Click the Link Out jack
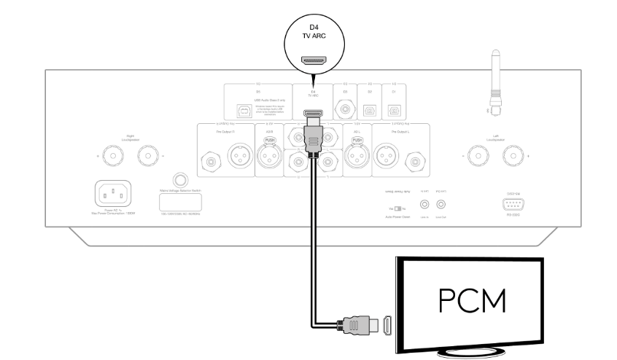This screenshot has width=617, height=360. pos(441,206)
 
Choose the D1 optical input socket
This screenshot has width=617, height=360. pos(395,111)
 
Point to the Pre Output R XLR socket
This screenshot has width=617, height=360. pos(238,156)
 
